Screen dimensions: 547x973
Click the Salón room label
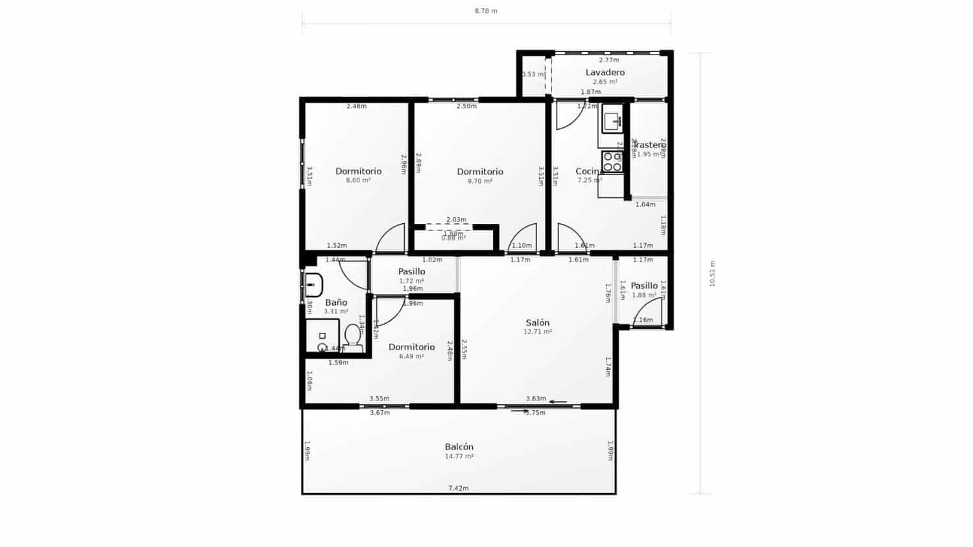[537, 322]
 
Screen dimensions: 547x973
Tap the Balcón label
[459, 446]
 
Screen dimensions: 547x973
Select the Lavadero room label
[605, 72]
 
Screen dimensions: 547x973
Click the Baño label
[336, 302]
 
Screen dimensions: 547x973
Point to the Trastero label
[649, 145]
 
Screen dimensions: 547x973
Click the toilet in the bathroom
[353, 337]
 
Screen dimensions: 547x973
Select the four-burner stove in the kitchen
[612, 162]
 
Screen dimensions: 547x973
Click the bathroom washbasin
[313, 284]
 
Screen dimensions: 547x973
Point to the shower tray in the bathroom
[322, 336]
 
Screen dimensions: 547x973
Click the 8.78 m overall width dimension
[486, 11]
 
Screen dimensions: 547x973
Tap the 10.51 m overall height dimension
[712, 273]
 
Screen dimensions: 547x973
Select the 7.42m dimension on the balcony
[458, 488]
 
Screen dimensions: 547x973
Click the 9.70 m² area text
[479, 181]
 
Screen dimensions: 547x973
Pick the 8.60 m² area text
[358, 180]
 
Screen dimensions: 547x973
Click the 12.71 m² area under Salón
[537, 332]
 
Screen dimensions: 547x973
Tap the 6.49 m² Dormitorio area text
[411, 356]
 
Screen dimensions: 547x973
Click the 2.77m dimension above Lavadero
[608, 60]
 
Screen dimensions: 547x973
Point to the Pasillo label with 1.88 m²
[643, 286]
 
